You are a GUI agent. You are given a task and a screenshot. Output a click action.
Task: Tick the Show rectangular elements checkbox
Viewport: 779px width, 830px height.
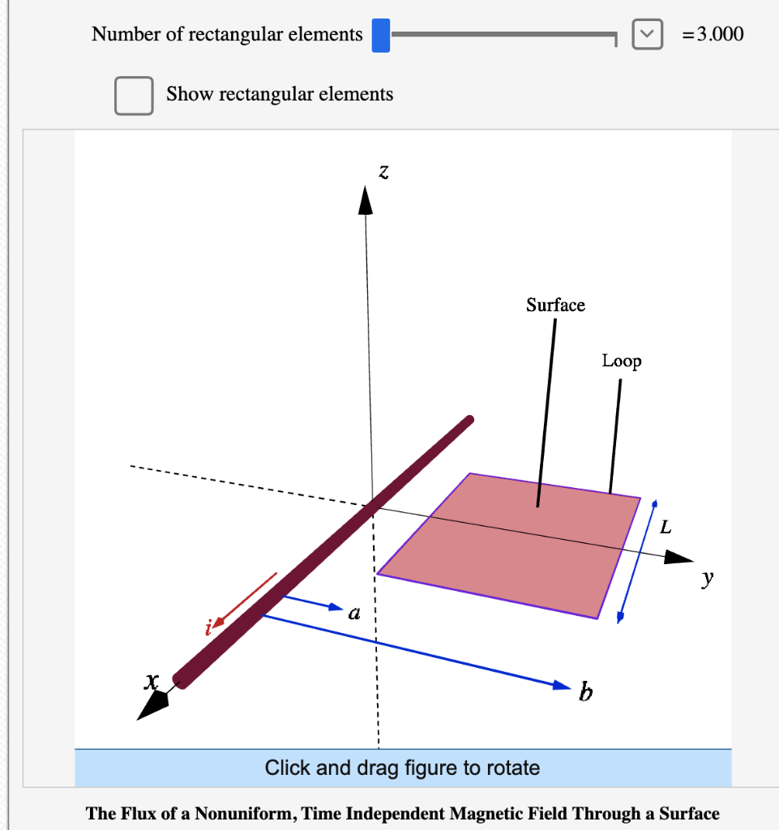click(134, 95)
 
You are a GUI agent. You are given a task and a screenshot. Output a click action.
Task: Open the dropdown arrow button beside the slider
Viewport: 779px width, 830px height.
click(645, 35)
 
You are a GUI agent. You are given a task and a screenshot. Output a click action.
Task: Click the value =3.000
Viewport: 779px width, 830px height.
click(713, 34)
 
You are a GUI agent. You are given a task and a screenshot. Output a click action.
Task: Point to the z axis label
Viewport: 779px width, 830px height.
click(383, 171)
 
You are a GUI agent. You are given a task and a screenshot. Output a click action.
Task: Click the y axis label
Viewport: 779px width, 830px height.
click(708, 578)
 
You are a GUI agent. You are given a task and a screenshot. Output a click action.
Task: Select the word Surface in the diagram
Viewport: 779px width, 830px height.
click(555, 305)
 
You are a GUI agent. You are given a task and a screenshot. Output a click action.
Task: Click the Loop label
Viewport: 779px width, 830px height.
click(621, 361)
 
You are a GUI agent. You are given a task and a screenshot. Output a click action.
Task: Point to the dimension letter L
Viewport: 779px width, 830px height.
click(666, 528)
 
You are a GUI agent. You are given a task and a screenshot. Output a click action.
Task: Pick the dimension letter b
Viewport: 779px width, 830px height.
click(585, 694)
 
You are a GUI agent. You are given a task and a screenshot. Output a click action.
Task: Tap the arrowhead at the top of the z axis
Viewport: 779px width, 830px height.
click(366, 199)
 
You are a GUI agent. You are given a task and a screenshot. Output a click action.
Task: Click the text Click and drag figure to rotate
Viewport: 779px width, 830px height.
click(402, 768)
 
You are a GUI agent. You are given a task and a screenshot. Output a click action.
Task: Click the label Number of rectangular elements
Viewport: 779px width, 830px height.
click(227, 34)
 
